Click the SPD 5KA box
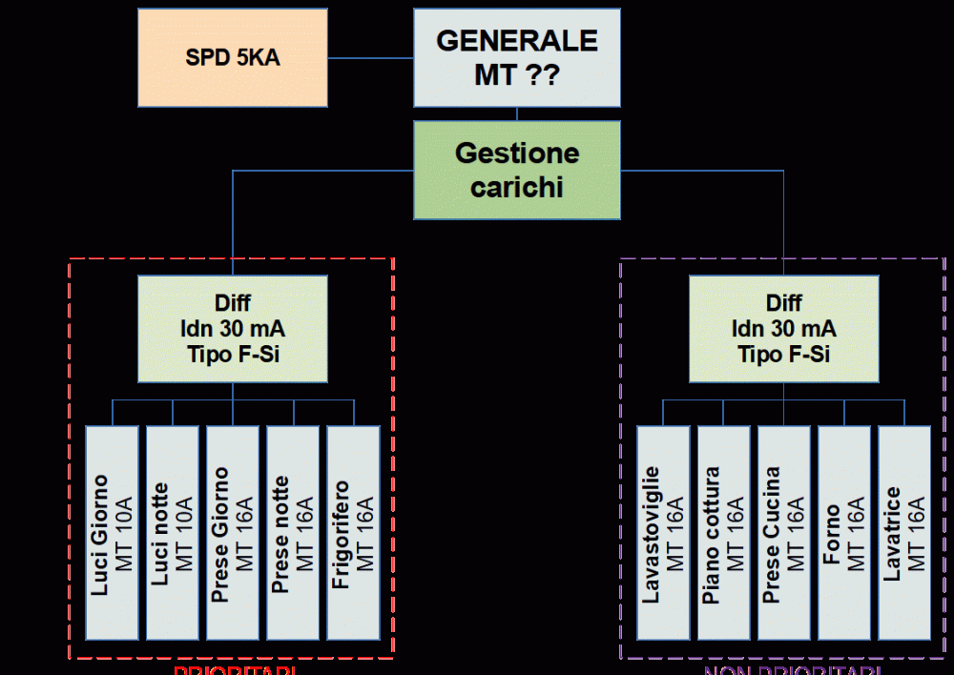233,57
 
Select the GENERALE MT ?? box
517,57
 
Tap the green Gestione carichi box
517,170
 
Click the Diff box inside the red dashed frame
233,329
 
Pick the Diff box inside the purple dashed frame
783,329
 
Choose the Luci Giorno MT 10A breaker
113,532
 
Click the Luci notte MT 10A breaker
173,532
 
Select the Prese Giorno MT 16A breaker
233,532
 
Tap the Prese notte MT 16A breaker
293,532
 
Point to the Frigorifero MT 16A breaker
353,532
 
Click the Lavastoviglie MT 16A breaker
663,532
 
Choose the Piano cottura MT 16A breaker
723,532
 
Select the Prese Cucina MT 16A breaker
783,532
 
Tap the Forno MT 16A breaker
843,532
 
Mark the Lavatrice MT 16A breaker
903,532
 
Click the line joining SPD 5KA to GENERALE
370,58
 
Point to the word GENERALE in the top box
517,41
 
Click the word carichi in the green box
517,187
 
